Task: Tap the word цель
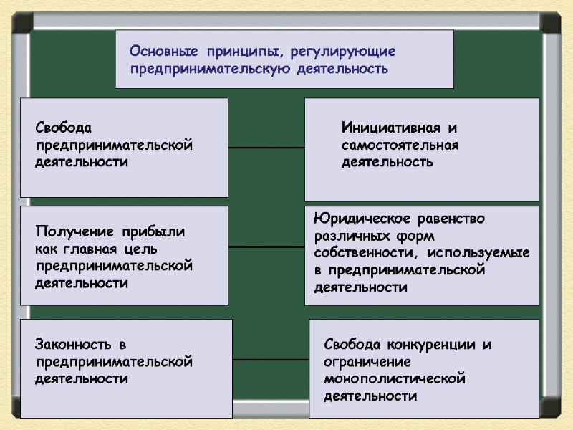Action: pos(149,249)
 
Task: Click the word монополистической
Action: pos(394,379)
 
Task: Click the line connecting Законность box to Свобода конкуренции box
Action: pos(271,359)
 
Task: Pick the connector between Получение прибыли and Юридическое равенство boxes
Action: pos(266,247)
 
